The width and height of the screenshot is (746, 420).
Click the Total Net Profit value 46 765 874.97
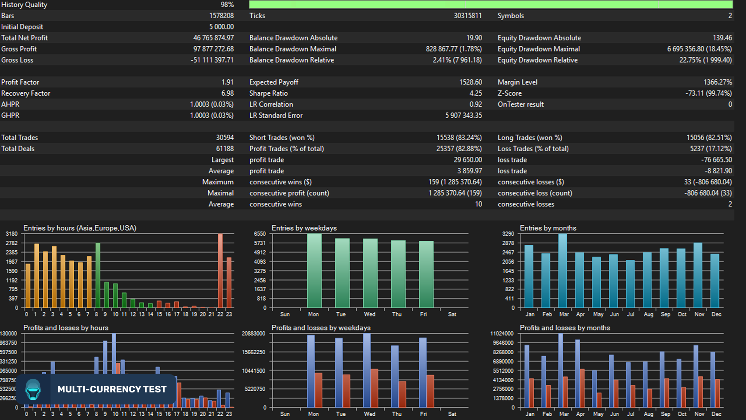click(x=213, y=38)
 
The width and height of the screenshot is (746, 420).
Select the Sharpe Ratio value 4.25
click(x=476, y=93)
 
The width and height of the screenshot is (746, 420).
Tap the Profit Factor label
click(x=20, y=82)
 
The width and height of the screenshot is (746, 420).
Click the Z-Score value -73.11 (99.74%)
click(x=708, y=93)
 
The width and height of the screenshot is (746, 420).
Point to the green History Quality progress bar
click(x=491, y=5)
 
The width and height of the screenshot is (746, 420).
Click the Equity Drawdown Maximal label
click(x=539, y=49)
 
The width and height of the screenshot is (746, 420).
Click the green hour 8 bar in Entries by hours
click(x=98, y=275)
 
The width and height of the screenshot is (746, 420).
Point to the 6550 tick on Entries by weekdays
click(x=260, y=234)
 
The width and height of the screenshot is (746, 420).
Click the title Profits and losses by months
click(x=565, y=328)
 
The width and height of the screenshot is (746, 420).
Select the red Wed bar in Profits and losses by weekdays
click(x=375, y=388)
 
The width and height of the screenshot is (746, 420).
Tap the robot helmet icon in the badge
click(x=33, y=389)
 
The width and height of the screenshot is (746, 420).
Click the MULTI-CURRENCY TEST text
click(x=112, y=389)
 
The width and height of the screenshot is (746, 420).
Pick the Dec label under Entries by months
click(x=716, y=314)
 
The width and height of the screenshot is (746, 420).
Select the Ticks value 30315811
click(x=467, y=16)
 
